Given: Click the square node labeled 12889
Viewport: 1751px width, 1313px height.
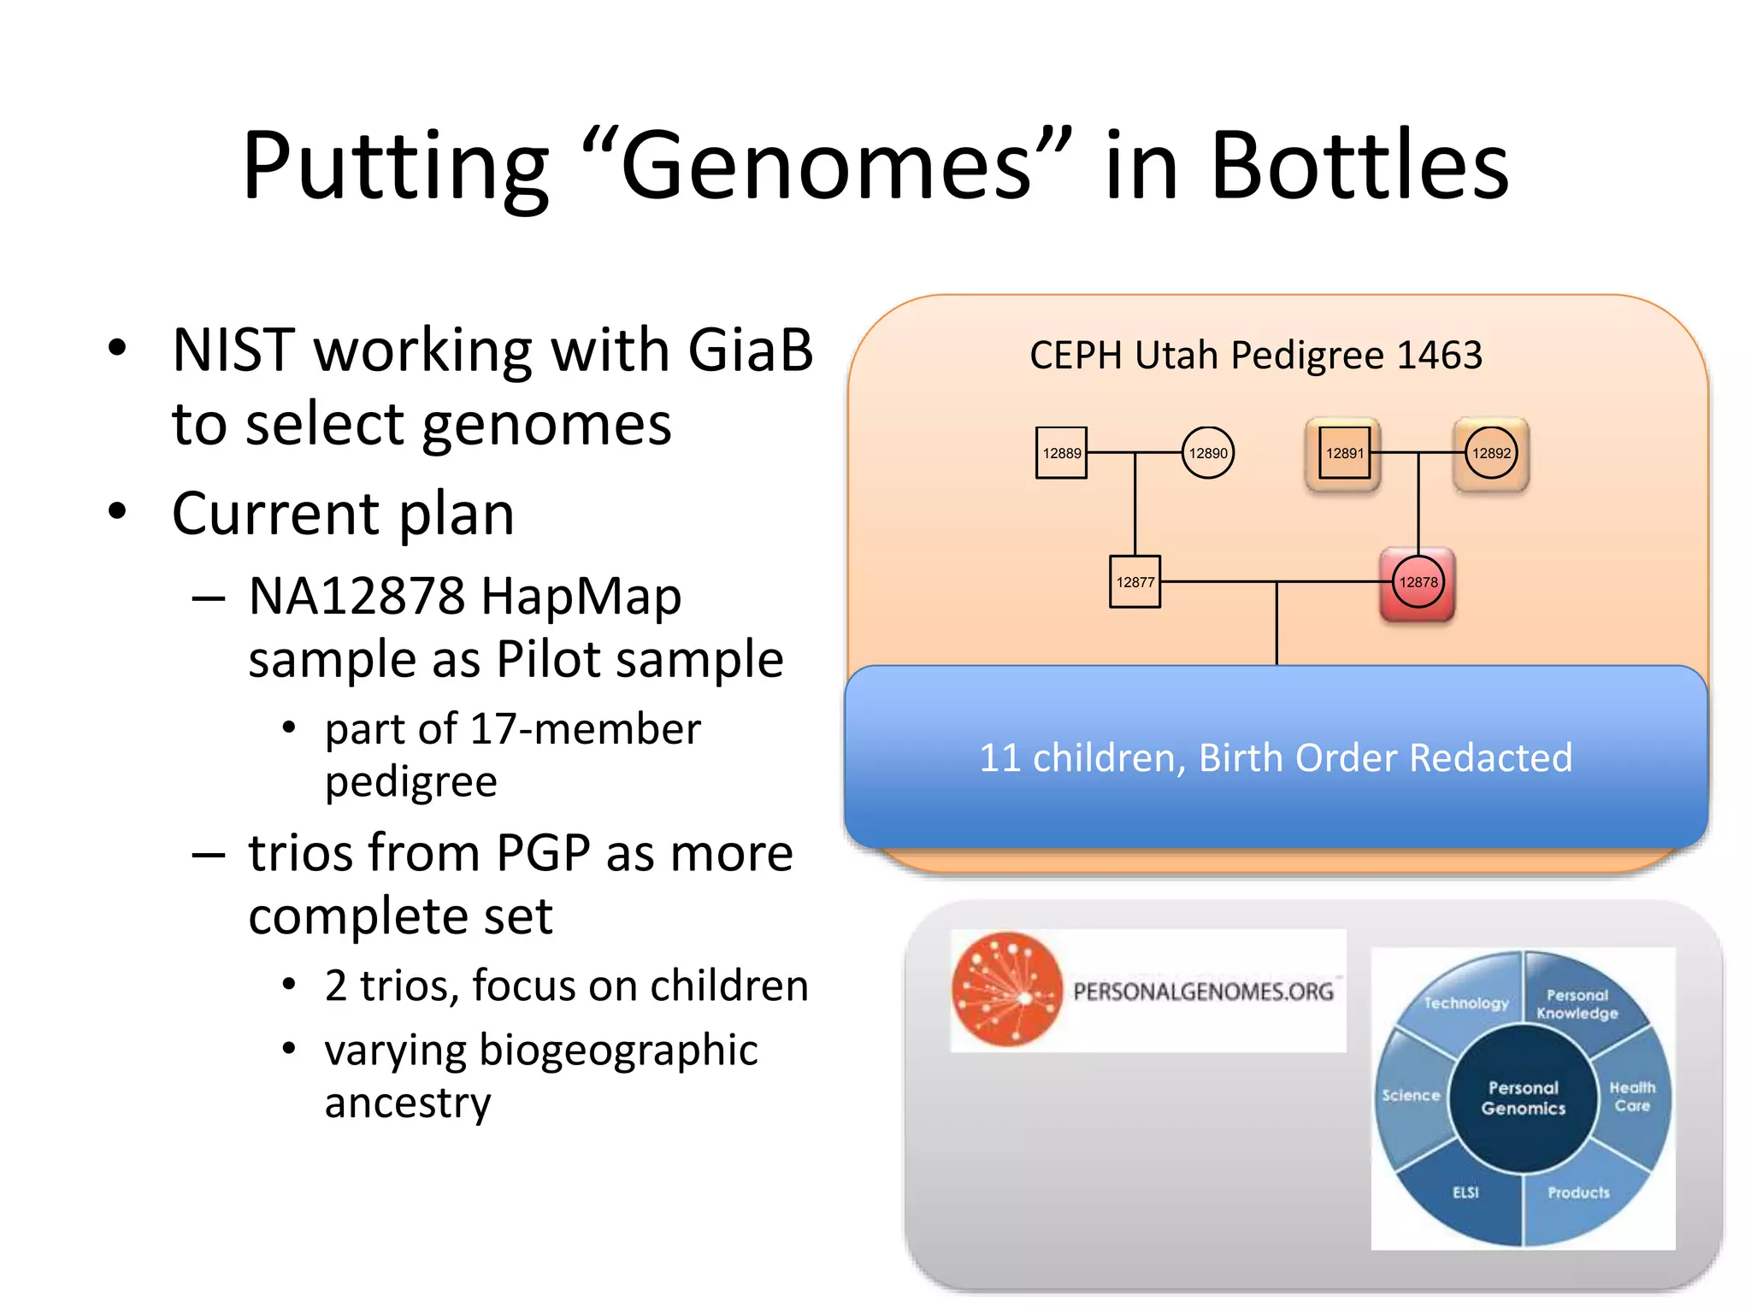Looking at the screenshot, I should [x=1061, y=453].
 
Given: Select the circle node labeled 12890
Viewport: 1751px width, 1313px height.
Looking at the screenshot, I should [x=1207, y=453].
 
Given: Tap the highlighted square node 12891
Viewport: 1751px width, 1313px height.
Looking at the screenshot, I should [x=1343, y=453].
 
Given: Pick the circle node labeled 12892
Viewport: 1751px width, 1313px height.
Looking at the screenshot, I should [x=1491, y=453].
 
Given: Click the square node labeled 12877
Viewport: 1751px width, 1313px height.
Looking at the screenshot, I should [x=1135, y=582].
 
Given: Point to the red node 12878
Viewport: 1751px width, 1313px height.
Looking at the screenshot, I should [x=1418, y=582].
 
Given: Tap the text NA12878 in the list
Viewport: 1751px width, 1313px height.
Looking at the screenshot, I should [x=357, y=596].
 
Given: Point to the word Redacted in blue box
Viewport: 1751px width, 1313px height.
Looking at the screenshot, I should [x=1490, y=757].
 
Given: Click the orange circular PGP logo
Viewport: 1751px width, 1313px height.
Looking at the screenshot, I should [x=1007, y=990].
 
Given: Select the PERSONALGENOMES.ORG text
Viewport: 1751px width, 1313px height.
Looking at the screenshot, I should [x=1203, y=992].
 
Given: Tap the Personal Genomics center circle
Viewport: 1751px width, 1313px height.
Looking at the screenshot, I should [x=1523, y=1098].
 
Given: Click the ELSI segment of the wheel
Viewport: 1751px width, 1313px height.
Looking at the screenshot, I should [x=1465, y=1192].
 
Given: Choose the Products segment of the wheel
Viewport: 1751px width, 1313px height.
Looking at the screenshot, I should [x=1578, y=1192].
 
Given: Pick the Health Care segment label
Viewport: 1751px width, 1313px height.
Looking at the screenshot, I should [x=1632, y=1097].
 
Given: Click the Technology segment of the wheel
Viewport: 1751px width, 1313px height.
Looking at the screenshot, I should [x=1465, y=1003].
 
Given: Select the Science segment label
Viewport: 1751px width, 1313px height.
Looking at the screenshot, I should [x=1411, y=1096].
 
